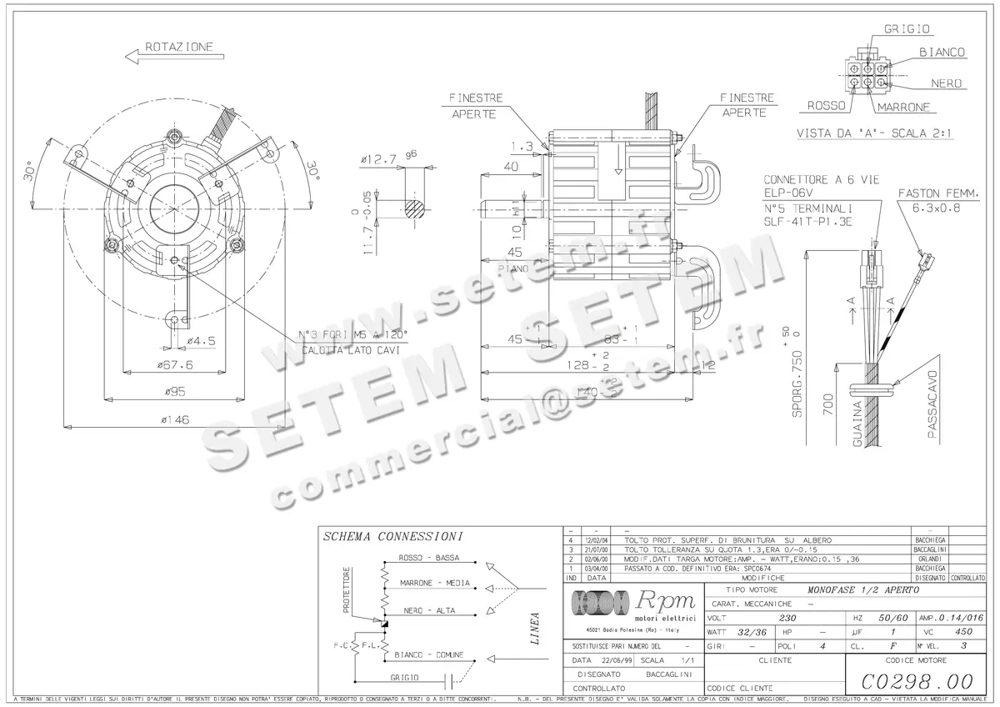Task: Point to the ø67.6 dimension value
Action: pyautogui.click(x=177, y=364)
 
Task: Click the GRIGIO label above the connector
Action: pyautogui.click(x=907, y=29)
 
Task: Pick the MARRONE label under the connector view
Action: pyautogui.click(x=903, y=107)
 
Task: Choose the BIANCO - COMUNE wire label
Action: pyautogui.click(x=428, y=654)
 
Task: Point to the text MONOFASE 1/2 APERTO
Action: pyautogui.click(x=864, y=589)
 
